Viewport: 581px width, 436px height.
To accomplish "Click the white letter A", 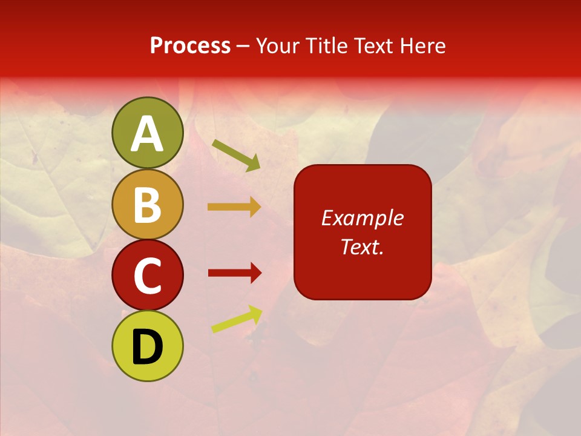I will coord(148,134).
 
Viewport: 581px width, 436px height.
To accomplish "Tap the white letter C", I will coord(148,276).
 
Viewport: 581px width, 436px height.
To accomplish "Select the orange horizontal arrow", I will coord(234,207).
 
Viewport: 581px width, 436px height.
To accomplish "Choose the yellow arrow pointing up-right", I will coord(237,319).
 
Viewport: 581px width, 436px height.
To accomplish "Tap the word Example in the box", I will coord(363,218).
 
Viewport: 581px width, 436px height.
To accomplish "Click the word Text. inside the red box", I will coord(363,247).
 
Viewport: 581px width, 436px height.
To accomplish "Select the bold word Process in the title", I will coord(190,46).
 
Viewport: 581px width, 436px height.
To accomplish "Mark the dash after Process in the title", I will coord(243,47).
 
